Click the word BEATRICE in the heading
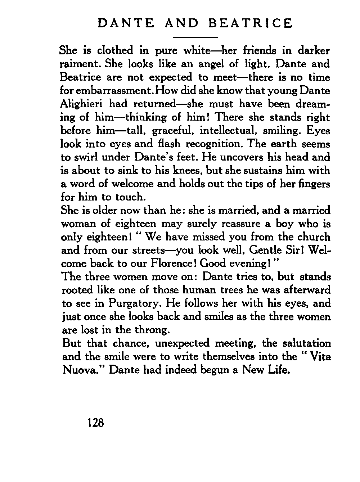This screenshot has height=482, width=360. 251,23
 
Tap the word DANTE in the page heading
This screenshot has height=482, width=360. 126,23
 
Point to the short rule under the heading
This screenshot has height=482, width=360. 195,37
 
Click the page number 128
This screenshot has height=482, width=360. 95,422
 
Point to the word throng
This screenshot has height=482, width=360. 152,330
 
